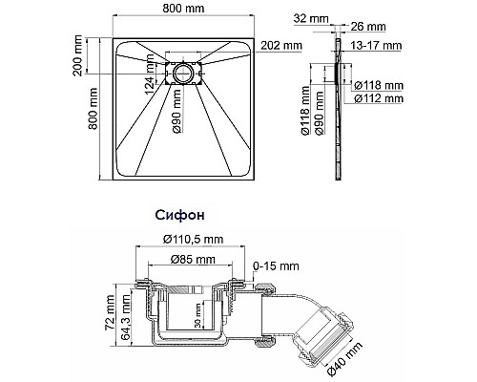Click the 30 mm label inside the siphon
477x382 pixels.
coord(197,316)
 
